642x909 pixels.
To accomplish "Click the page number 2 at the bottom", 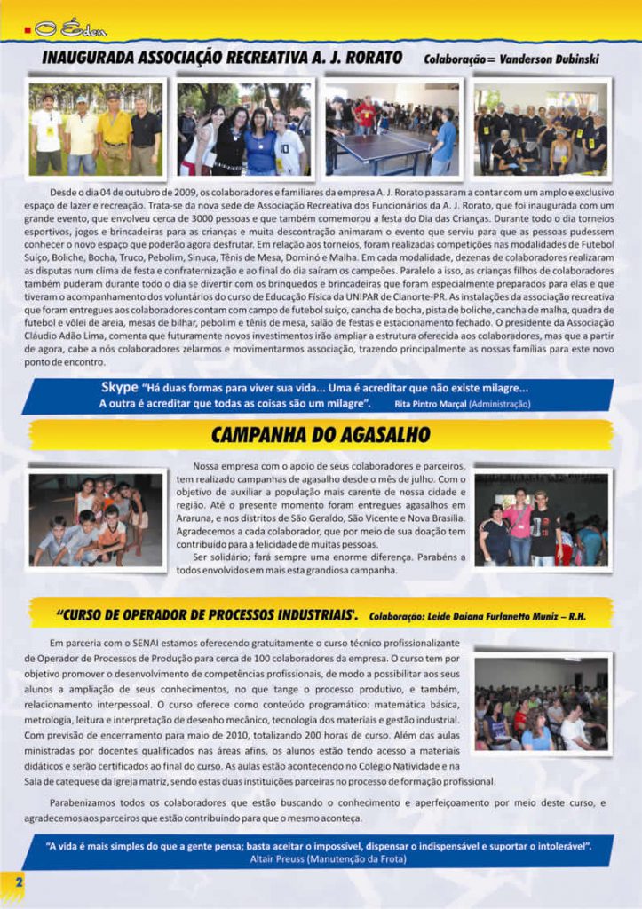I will tap(18, 879).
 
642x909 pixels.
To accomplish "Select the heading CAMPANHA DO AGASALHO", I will tap(320, 434).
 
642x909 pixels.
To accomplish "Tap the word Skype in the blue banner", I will tap(119, 387).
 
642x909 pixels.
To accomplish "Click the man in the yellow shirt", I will tap(115, 133).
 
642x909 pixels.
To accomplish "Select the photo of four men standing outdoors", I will tap(96, 130).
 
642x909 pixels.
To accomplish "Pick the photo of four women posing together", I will tap(243, 130).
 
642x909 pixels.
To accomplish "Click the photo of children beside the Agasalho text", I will tap(96, 519).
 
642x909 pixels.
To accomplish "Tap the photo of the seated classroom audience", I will tap(540, 703).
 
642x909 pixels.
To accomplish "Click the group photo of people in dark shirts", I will tap(540, 130).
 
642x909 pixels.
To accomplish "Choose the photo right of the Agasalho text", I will tap(540, 519).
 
